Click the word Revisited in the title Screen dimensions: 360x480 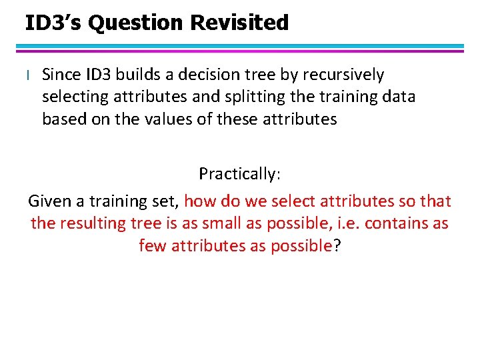[239, 23]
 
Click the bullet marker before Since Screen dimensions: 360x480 [28, 75]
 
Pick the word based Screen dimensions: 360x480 [64, 119]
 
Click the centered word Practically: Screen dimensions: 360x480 [240, 175]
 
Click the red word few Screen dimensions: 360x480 [153, 246]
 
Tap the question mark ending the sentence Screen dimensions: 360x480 [337, 246]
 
